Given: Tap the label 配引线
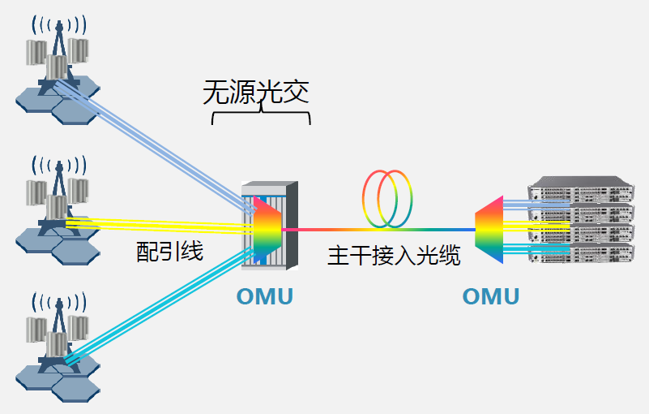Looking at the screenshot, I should coord(169,252).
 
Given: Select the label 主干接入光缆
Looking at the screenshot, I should coord(394,257).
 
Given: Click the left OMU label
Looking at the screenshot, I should coord(264,297).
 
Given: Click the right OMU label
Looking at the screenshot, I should coord(490,297).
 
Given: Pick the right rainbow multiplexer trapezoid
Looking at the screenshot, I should coord(489,229).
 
